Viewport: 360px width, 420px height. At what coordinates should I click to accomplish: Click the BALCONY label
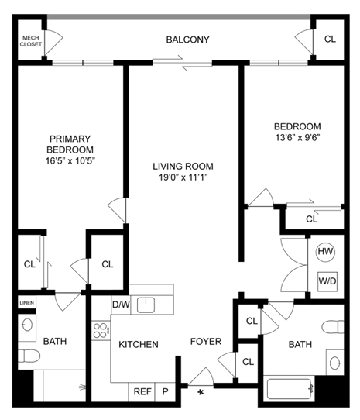188,40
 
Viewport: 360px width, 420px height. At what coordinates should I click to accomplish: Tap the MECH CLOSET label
30,40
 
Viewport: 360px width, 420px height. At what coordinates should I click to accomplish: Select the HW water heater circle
325,253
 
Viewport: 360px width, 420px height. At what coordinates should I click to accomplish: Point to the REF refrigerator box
142,392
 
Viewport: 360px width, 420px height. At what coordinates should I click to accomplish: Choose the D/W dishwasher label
121,305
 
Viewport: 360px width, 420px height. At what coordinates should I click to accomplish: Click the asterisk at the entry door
201,393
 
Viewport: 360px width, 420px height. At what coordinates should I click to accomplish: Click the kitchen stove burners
101,332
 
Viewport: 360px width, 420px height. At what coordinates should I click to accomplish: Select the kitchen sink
148,305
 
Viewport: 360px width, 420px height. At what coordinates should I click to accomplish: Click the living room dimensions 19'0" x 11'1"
183,177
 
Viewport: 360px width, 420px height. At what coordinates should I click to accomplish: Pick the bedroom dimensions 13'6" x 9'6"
297,137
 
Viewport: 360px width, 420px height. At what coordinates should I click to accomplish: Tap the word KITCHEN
139,344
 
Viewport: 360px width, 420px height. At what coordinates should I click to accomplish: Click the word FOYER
206,341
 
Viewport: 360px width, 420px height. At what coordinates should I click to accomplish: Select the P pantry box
165,392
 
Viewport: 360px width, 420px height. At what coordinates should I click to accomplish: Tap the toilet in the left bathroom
29,356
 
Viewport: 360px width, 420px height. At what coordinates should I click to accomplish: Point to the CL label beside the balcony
330,40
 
